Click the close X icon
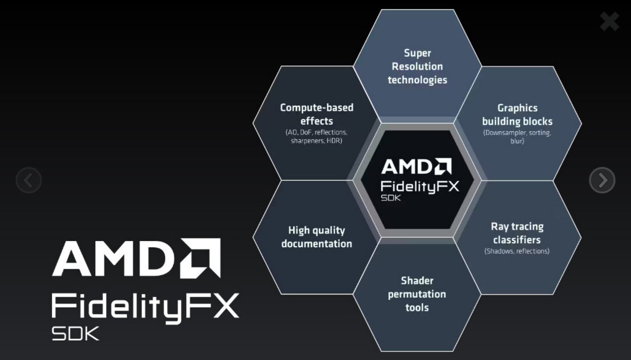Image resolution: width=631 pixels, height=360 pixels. (x=609, y=21)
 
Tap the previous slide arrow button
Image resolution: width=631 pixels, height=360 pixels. (x=29, y=180)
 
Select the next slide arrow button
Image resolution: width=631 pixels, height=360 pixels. (x=602, y=180)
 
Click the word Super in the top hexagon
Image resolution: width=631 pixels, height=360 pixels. (x=417, y=53)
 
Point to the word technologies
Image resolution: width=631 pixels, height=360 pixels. (x=417, y=80)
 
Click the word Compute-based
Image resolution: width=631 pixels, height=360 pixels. (x=316, y=108)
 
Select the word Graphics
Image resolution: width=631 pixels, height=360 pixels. (x=517, y=108)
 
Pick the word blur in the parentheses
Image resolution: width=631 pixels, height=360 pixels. (x=516, y=141)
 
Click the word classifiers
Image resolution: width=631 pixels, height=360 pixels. (x=517, y=240)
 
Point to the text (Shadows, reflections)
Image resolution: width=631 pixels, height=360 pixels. (x=517, y=251)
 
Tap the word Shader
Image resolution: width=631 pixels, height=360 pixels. (x=417, y=281)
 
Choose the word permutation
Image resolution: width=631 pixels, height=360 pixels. (x=417, y=294)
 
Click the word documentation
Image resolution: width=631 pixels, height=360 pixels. (x=316, y=244)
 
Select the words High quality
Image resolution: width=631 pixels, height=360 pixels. (x=316, y=230)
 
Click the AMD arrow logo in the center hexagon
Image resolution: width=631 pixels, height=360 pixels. (x=443, y=167)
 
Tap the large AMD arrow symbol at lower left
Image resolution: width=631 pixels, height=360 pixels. (x=201, y=258)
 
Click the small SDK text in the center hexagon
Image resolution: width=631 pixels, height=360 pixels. (x=391, y=198)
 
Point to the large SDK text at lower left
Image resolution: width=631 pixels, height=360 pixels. (x=75, y=333)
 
